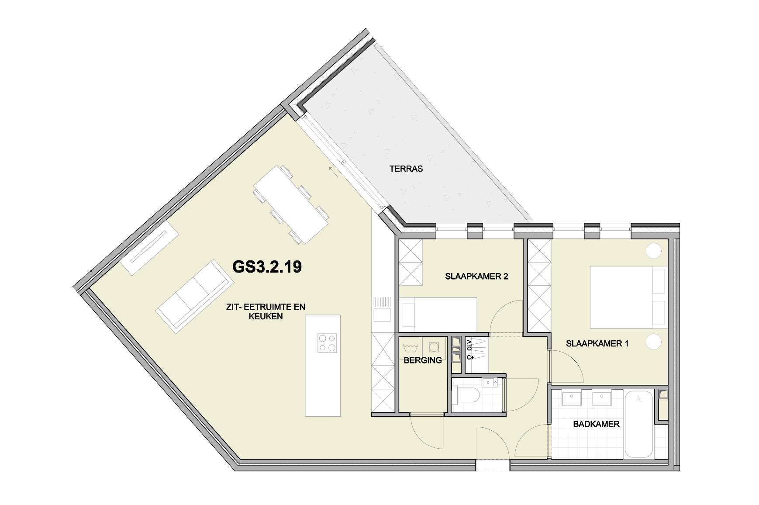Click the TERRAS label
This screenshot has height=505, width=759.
tap(406, 169)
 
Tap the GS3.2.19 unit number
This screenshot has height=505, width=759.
tap(267, 266)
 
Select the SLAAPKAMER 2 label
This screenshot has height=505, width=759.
tap(476, 277)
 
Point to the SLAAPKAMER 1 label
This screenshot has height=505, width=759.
tap(597, 344)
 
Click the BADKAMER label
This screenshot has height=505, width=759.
tap(596, 424)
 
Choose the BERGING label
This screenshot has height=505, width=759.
tap(423, 360)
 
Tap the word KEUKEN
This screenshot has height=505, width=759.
tap(266, 317)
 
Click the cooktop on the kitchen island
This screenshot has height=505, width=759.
tap(327, 343)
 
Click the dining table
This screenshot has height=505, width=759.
tap(291, 204)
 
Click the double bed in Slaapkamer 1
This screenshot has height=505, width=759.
tap(628, 297)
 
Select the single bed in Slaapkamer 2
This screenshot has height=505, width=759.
tap(438, 313)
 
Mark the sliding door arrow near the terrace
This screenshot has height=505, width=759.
tap(334, 172)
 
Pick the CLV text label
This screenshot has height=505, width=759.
tap(469, 345)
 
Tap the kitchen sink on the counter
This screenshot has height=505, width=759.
tap(382, 315)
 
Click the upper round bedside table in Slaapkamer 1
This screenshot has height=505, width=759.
tap(654, 251)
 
